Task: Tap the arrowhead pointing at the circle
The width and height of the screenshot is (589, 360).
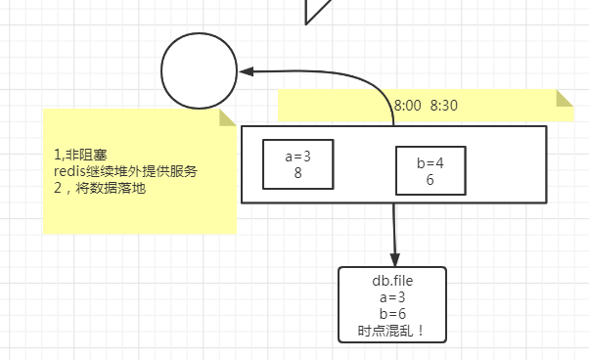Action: click(x=247, y=71)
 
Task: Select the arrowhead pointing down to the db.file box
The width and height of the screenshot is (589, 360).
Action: click(x=393, y=258)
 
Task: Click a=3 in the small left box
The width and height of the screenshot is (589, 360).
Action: click(x=298, y=157)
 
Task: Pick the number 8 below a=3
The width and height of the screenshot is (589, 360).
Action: click(x=298, y=172)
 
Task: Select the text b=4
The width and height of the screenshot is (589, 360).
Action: click(x=430, y=163)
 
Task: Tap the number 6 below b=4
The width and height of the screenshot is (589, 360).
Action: click(x=430, y=179)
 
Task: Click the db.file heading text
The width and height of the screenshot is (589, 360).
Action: click(x=392, y=282)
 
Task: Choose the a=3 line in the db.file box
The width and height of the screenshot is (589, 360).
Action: click(x=392, y=297)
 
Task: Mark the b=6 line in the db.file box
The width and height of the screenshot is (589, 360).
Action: click(x=392, y=313)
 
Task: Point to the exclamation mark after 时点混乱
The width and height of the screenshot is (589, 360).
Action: click(x=421, y=330)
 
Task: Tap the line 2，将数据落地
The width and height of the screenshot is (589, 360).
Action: click(x=100, y=188)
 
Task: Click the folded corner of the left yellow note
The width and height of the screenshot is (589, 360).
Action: click(x=229, y=117)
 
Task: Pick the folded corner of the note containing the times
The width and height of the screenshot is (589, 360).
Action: click(x=565, y=98)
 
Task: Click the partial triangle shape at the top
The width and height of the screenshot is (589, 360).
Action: click(x=318, y=9)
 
